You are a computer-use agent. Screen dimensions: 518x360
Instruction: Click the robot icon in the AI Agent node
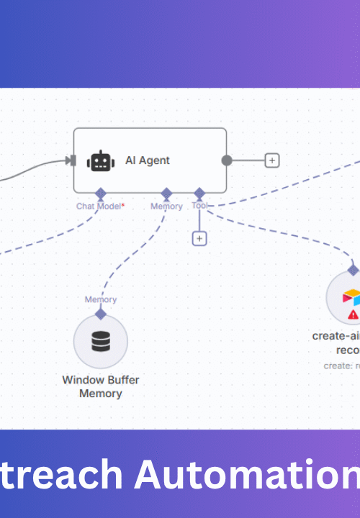click(100, 160)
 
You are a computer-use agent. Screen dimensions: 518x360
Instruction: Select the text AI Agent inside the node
click(148, 160)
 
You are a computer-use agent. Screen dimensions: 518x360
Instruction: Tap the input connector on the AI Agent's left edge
click(71, 160)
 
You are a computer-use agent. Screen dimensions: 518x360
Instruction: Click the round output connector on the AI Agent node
click(227, 160)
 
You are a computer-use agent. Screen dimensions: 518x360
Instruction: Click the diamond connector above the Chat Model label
click(101, 194)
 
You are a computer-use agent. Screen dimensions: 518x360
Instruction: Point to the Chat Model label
click(100, 206)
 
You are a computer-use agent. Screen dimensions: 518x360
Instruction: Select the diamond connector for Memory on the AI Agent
click(166, 194)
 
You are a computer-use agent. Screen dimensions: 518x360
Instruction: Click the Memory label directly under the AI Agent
click(166, 206)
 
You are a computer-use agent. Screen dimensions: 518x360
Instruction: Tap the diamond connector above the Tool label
click(199, 194)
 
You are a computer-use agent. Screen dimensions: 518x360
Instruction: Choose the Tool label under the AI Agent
click(199, 206)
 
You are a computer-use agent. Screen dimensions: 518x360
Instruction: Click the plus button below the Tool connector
click(199, 238)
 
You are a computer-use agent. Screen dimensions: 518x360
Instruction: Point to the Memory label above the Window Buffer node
click(101, 299)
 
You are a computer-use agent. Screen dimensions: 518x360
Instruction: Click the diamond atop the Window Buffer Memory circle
click(101, 314)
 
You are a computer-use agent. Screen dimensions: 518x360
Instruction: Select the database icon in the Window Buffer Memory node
click(101, 341)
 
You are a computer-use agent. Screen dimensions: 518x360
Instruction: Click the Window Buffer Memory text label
click(102, 386)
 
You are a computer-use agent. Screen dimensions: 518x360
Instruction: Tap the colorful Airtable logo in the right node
click(351, 296)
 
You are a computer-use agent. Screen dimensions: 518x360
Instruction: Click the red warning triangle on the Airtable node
click(353, 314)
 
